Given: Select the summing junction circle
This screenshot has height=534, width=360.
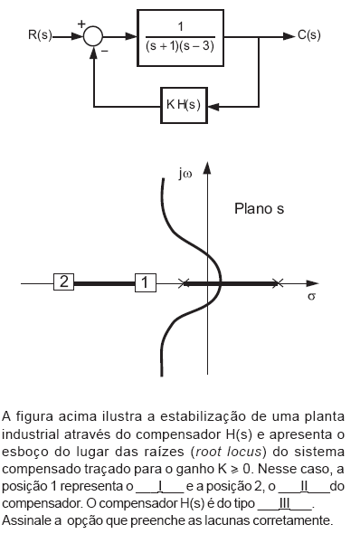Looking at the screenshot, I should [x=93, y=36].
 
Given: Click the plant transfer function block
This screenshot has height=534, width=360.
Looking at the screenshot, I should [x=190, y=37].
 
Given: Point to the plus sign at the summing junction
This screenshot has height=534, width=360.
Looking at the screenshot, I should [x=81, y=25].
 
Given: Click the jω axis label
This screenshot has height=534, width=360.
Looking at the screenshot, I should [x=186, y=173].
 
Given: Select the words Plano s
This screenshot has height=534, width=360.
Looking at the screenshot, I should [x=260, y=208].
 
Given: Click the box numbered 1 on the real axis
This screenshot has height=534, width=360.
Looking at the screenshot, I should [x=146, y=282].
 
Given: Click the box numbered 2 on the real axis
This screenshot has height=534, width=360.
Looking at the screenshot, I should [x=63, y=282].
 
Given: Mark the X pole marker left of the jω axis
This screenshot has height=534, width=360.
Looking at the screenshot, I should [x=185, y=283].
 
